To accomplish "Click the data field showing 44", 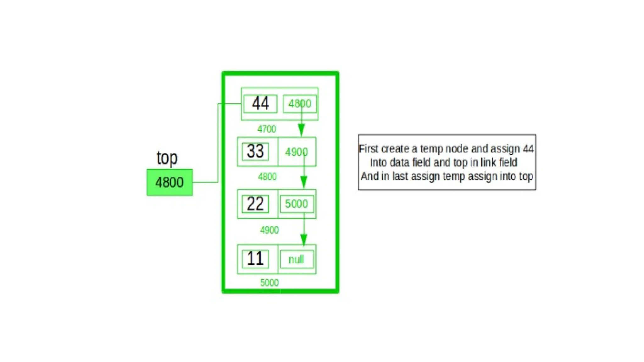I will click(260, 103).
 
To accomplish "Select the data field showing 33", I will click(255, 151).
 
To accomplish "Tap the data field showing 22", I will click(255, 204).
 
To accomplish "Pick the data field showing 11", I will click(255, 259).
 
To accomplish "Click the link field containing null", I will click(297, 260).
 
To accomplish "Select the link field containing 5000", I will click(297, 204).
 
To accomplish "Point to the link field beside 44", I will click(300, 103).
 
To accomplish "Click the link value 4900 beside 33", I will click(296, 152).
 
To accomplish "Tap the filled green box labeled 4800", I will click(169, 182).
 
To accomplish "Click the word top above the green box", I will click(167, 158).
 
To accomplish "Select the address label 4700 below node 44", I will click(267, 129).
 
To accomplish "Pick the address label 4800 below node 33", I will click(267, 177).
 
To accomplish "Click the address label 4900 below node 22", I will click(269, 230).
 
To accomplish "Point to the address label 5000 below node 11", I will click(269, 282).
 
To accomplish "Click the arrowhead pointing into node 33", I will click(301, 130).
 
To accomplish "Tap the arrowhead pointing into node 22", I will click(304, 182).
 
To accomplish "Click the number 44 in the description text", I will click(528, 149).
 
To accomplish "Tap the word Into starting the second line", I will click(378, 162).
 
